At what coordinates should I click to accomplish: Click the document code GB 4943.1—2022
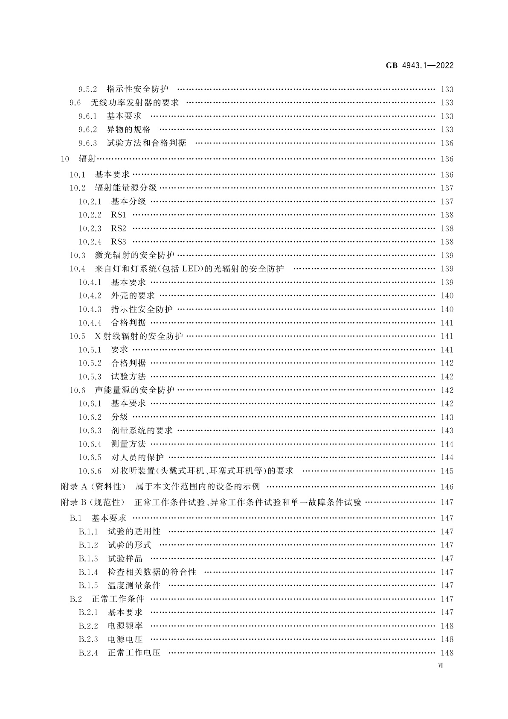(x=420, y=66)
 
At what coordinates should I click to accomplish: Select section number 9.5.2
(x=88, y=89)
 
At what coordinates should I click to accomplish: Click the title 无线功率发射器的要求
(x=135, y=102)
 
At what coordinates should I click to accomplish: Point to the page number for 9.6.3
(x=447, y=143)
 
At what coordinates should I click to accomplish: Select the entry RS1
(x=119, y=215)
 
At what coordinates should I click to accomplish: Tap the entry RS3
(x=119, y=242)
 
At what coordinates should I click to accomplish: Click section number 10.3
(x=78, y=255)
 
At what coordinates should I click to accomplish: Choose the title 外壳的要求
(x=133, y=295)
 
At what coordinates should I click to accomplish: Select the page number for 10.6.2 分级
(x=447, y=417)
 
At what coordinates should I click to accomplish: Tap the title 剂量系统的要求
(x=142, y=430)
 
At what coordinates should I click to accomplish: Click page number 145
(x=447, y=471)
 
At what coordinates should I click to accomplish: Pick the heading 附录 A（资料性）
(x=94, y=486)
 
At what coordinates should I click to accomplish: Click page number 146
(x=447, y=487)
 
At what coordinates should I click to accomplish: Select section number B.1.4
(x=88, y=572)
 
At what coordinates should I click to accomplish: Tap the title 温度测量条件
(x=134, y=585)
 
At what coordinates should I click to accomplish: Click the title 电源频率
(x=125, y=625)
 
